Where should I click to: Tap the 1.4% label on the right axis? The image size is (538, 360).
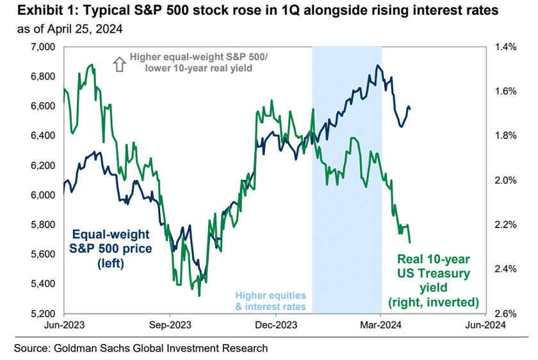tap(502, 47)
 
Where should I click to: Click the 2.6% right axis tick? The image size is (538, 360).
tap(502, 313)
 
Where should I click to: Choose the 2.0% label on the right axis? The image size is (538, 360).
tap(502, 180)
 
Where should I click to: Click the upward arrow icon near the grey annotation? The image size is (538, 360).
tap(118, 63)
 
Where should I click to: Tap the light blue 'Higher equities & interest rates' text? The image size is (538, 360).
tap(270, 301)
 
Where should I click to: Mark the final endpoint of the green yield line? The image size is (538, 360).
tap(410, 243)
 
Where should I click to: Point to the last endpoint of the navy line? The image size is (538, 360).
tap(410, 108)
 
